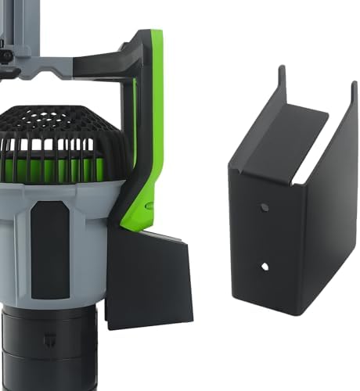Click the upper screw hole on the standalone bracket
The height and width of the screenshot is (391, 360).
(x=265, y=208)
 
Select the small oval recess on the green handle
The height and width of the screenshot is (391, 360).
(x=149, y=206)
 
